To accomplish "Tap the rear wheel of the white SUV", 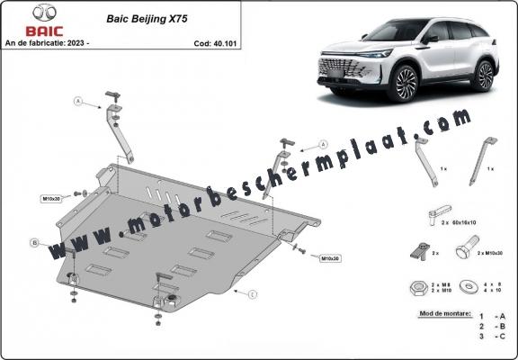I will click(484, 76).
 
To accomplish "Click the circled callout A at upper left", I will click(78, 103).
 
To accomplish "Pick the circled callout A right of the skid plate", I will click(320, 146).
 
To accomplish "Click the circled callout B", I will click(34, 243).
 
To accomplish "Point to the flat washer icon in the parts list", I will click(470, 289).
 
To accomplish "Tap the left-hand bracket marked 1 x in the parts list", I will click(426, 163).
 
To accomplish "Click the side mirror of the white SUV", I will click(433, 38).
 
